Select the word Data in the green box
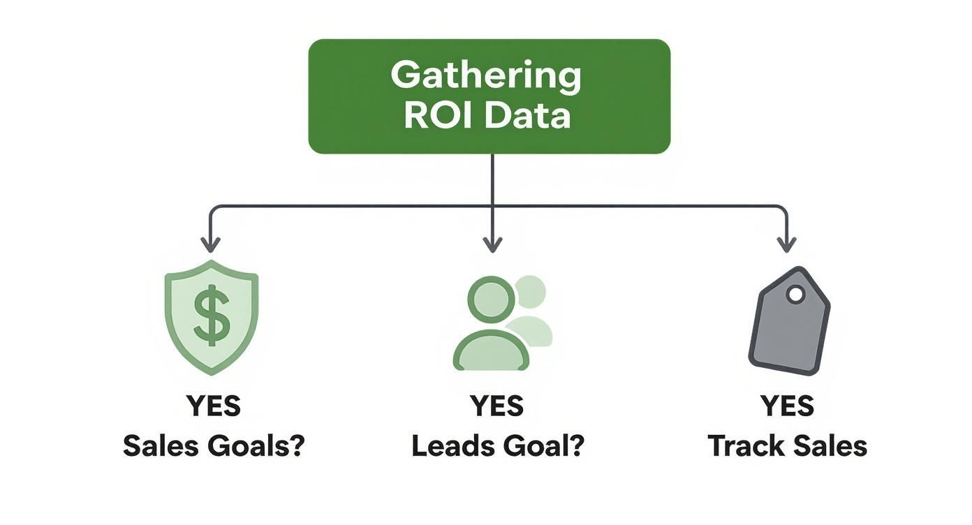[528, 116]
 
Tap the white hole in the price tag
[795, 295]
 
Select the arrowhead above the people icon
[492, 244]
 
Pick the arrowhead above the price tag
[787, 244]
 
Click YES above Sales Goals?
[214, 406]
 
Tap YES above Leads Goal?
[496, 406]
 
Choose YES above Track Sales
[787, 406]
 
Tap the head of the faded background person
[530, 291]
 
